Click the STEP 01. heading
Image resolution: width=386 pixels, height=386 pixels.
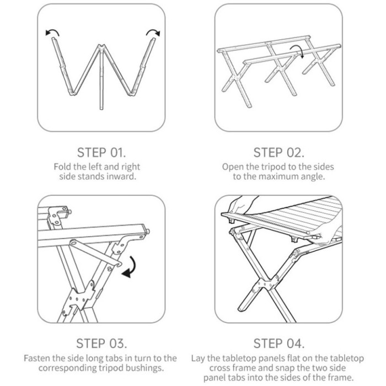(101, 152)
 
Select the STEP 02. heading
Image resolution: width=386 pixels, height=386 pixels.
(278, 152)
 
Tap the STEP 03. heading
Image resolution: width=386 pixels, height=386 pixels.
(101, 343)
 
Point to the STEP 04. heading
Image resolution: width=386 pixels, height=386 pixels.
(279, 343)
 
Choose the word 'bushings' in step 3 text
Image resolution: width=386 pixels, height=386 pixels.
(144, 368)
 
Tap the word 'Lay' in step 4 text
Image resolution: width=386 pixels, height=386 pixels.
(197, 358)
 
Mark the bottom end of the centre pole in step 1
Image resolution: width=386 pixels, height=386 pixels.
(101, 109)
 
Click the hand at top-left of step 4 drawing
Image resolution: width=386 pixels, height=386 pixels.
(243, 205)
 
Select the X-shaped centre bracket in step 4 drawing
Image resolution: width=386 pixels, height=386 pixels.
(264, 285)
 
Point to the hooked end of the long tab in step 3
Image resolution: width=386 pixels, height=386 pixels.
(118, 264)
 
